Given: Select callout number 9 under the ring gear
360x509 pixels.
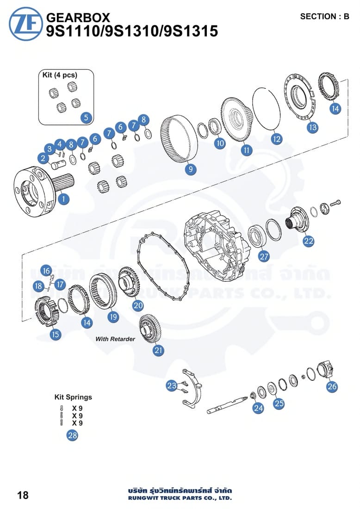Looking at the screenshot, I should (x=191, y=170).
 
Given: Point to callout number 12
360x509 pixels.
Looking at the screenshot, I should (x=276, y=138).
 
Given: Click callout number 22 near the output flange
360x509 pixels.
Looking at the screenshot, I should (x=308, y=241).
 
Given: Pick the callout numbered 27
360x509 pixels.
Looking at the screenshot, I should (x=264, y=256).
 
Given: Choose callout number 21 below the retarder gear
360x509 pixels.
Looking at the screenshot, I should (x=159, y=350).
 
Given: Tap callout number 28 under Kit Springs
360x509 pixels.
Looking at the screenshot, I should (x=72, y=435).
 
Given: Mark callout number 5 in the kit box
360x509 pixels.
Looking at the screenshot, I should (x=86, y=118).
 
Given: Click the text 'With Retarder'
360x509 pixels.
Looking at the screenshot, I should (x=115, y=339).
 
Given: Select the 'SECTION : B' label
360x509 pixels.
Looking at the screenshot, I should (x=324, y=17).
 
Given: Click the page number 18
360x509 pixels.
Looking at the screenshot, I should (x=23, y=495).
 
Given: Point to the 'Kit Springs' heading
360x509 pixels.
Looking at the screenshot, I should (x=73, y=397).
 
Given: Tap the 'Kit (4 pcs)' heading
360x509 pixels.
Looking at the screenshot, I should (x=60, y=74).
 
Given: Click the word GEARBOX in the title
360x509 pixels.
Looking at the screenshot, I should (x=79, y=18).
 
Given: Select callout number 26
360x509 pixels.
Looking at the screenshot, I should (x=332, y=386).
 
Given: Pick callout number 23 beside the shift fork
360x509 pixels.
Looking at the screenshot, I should (x=172, y=385).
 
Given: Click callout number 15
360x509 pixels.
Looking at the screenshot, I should (x=56, y=334).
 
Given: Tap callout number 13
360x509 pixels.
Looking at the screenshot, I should (x=313, y=127).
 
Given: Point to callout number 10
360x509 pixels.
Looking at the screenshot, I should (x=220, y=143).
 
